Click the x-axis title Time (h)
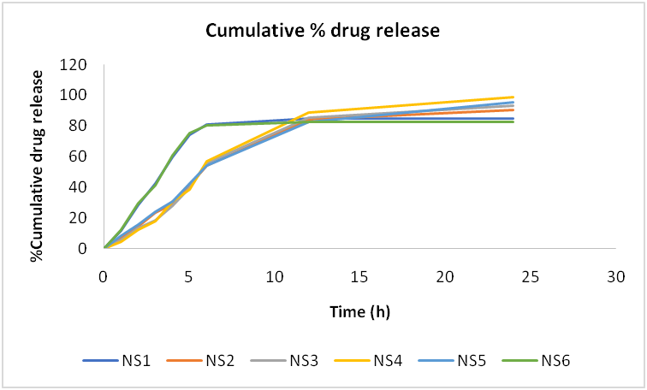click(x=359, y=311)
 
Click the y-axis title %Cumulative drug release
click(x=38, y=157)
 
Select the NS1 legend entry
click(x=119, y=360)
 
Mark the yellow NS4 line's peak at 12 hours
click(x=309, y=113)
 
